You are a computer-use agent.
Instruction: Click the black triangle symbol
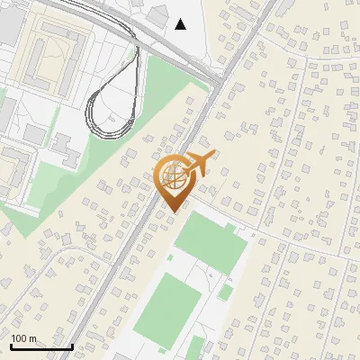[181, 23]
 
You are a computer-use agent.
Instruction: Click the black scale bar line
[40, 346]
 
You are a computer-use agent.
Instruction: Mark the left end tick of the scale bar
[11, 345]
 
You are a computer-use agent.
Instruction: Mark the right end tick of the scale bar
[71, 345]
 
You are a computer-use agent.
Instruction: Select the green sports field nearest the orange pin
[209, 244]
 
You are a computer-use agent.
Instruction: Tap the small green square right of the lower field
[225, 292]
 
